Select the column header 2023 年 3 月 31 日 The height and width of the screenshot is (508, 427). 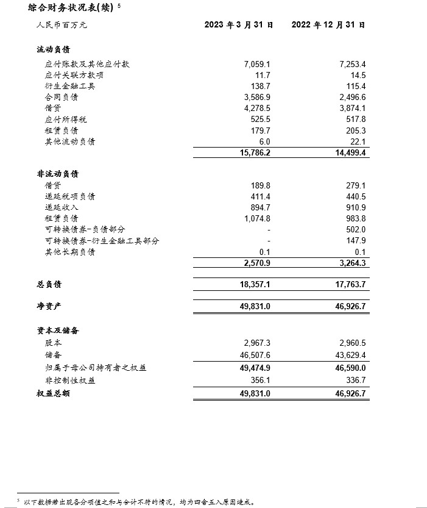[238, 25]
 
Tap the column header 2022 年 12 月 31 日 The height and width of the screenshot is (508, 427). [328, 25]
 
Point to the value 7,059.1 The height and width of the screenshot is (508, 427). [256, 64]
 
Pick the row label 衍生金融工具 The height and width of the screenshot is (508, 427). [70, 86]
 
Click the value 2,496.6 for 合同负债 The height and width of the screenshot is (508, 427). [351, 97]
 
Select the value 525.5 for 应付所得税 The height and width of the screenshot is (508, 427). [260, 119]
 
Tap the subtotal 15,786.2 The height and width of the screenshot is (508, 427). [255, 152]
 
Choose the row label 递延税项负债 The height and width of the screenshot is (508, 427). [70, 196]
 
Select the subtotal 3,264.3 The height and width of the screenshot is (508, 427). [351, 262]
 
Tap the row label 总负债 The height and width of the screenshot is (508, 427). [49, 284]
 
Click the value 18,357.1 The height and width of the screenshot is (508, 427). [255, 284]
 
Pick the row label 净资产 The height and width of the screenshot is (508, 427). [49, 306]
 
